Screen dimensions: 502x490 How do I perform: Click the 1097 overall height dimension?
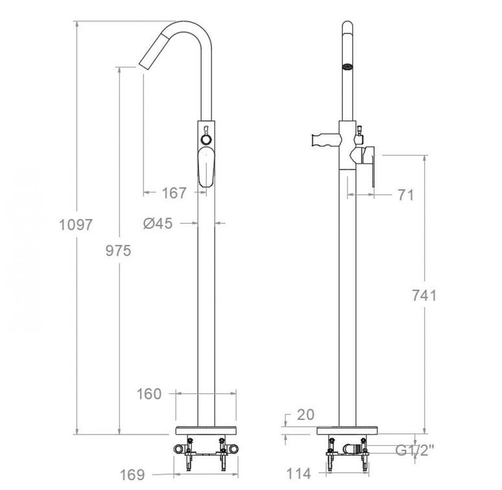pos(76,225)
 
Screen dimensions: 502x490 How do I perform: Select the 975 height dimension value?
pos(118,251)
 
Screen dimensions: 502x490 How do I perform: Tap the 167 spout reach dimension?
pos(174,193)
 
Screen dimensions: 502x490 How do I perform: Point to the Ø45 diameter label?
pos(158,223)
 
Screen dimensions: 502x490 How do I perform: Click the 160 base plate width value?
pos(149,394)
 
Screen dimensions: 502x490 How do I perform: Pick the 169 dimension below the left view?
pos(132,474)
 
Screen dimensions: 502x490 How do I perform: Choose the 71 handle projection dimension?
pos(406,195)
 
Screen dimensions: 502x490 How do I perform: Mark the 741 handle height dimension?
pos(424,296)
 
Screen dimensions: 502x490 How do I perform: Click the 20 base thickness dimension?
pos(306,415)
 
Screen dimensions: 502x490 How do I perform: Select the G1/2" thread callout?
pos(415,451)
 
